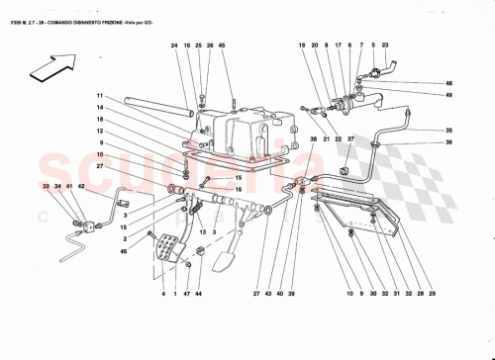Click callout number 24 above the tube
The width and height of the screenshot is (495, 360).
173,45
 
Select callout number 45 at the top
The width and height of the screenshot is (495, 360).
221,45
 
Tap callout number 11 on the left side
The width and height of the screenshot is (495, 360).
100,96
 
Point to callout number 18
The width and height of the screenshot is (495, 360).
100,119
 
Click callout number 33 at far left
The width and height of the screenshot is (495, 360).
46,186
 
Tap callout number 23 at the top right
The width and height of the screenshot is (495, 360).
384,45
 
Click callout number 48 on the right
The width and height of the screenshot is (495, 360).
448,83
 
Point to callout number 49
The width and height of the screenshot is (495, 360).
448,95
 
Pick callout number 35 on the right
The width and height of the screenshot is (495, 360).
448,132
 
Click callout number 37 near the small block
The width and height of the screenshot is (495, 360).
350,140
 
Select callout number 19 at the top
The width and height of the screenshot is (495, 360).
303,45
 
